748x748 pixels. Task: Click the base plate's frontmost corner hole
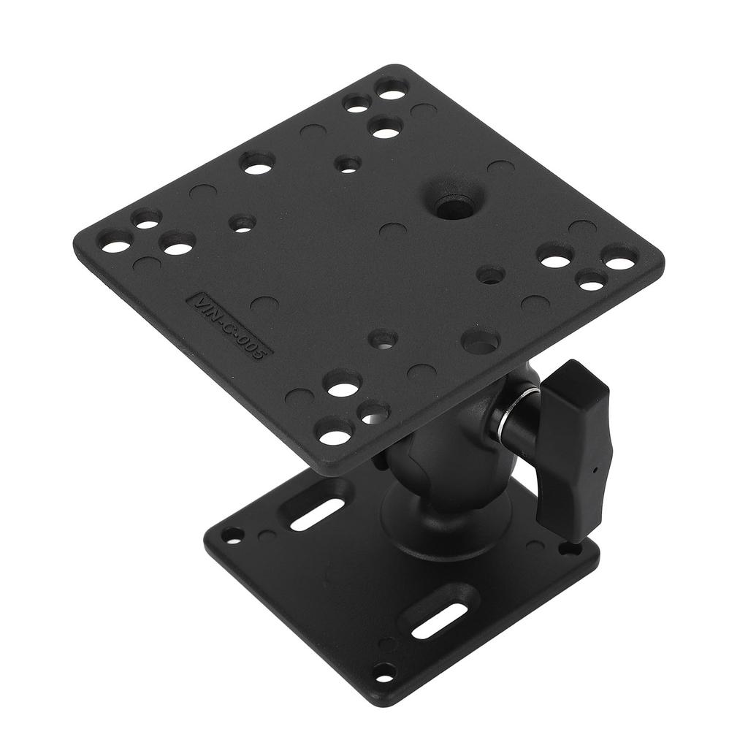(383, 671)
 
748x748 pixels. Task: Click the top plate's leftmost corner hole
(115, 246)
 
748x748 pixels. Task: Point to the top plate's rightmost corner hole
(619, 258)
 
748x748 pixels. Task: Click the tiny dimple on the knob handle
(598, 471)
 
